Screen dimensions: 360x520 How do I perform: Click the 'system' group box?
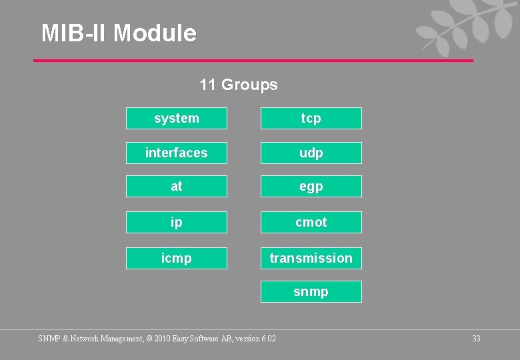tap(177, 118)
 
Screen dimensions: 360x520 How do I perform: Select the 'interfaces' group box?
tap(177, 153)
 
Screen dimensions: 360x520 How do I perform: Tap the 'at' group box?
tap(177, 186)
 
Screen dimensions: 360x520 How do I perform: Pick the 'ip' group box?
tap(177, 222)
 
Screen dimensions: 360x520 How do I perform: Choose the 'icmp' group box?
tap(177, 258)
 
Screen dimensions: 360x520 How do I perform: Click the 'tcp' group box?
tap(311, 118)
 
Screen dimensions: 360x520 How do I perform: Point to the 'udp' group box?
tap(311, 153)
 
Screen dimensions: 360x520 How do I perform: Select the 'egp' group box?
tap(311, 186)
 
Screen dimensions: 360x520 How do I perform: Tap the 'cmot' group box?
tap(311, 222)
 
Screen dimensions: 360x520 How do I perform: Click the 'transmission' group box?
tap(311, 258)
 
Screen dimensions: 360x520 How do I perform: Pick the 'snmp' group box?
tap(311, 291)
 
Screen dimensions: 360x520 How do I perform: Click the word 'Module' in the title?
tap(155, 33)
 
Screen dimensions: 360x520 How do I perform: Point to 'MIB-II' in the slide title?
tap(74, 33)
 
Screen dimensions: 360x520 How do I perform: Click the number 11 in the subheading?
tap(207, 85)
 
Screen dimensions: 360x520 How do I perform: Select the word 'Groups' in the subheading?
tap(249, 85)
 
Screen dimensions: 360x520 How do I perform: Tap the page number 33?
tap(476, 339)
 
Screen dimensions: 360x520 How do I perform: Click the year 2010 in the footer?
tap(161, 339)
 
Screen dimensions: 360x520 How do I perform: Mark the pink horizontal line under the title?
tap(253, 61)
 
